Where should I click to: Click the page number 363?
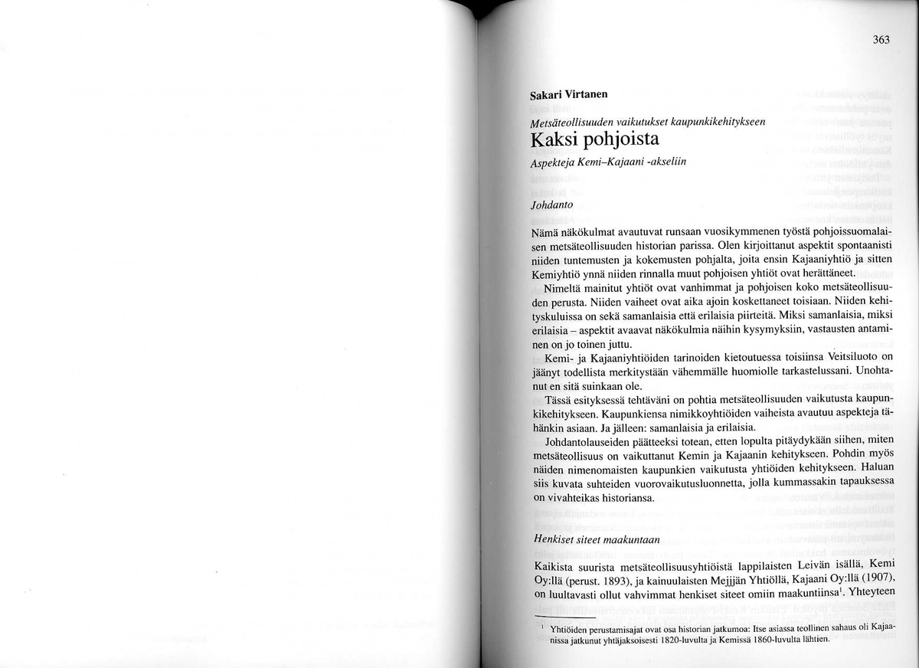tap(881, 41)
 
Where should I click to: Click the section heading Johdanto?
tap(551, 205)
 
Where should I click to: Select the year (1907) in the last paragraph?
tap(875, 578)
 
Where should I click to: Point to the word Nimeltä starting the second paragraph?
tap(563, 289)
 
